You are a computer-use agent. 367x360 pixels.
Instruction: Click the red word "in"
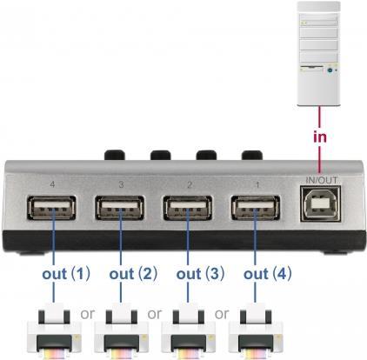pyautogui.click(x=320, y=137)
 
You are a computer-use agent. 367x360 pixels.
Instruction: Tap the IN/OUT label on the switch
pyautogui.click(x=322, y=180)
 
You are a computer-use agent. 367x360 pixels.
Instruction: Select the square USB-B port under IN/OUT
pyautogui.click(x=320, y=204)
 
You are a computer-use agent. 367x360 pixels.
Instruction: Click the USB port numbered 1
pyautogui.click(x=256, y=208)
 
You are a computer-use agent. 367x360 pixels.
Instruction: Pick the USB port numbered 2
pyautogui.click(x=188, y=208)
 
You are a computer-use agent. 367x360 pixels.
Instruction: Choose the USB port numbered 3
pyautogui.click(x=119, y=208)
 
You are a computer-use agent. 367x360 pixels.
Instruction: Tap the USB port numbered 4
pyautogui.click(x=51, y=208)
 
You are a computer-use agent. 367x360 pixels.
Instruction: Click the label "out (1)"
pyautogui.click(x=66, y=274)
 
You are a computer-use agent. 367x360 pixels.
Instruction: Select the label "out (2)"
pyautogui.click(x=133, y=274)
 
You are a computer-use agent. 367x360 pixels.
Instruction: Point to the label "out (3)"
pyautogui.click(x=200, y=274)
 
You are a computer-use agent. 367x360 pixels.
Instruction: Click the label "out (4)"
pyautogui.click(x=268, y=274)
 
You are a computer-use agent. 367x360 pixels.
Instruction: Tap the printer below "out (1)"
pyautogui.click(x=54, y=331)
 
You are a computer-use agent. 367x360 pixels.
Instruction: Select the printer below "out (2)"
pyautogui.click(x=121, y=331)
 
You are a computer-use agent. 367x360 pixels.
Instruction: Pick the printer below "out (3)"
pyautogui.click(x=189, y=331)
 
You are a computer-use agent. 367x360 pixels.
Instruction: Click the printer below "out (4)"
pyautogui.click(x=256, y=331)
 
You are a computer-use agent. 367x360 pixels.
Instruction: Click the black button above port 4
pyautogui.click(x=115, y=155)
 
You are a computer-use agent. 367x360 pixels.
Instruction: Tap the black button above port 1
pyautogui.click(x=252, y=155)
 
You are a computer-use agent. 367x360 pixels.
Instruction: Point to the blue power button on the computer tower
pyautogui.click(x=330, y=70)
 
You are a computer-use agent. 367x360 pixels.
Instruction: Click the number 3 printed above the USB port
pyautogui.click(x=121, y=184)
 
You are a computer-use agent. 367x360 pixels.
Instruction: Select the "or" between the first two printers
pyautogui.click(x=87, y=314)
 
